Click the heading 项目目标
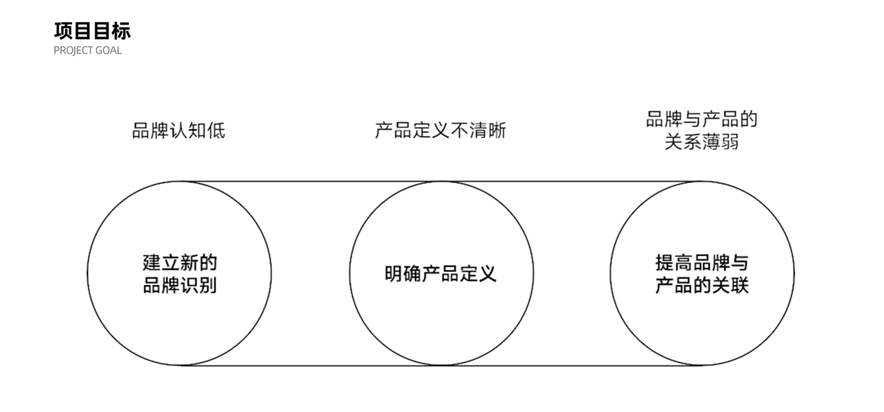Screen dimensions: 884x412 click(x=92, y=31)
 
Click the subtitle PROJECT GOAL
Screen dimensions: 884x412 click(x=88, y=51)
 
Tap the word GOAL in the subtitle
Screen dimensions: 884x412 click(x=110, y=51)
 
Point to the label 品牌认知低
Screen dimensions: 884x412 click(x=178, y=130)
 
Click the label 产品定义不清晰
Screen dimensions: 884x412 click(x=441, y=130)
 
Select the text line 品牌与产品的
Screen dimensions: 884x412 click(x=701, y=119)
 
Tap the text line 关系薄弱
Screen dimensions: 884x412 click(x=701, y=142)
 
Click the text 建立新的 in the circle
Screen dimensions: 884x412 click(x=180, y=262)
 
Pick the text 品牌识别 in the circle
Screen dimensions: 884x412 click(x=180, y=284)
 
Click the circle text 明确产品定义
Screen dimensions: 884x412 click(x=441, y=273)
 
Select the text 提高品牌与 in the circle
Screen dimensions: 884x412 click(x=701, y=262)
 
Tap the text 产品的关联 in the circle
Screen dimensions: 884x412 click(x=701, y=284)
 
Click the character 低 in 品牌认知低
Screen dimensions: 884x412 click(x=216, y=130)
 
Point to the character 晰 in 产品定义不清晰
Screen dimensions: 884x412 click(x=497, y=130)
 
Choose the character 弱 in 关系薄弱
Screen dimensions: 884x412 click(x=730, y=142)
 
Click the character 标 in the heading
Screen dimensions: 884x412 click(x=121, y=31)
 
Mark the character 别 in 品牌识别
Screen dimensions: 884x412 click(x=208, y=284)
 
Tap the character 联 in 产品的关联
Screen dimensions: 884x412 click(x=739, y=284)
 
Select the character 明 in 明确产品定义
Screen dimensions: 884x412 click(x=394, y=273)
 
